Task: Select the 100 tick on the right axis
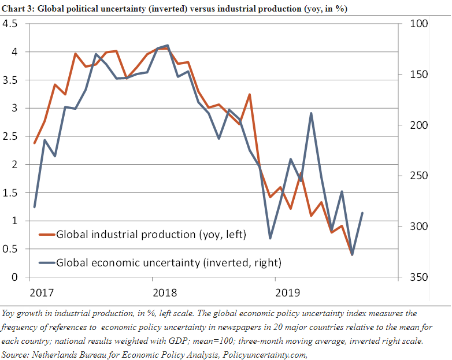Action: (419, 24)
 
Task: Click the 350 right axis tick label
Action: (419, 277)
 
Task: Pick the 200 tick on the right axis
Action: (419, 125)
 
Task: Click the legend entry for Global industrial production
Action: (151, 235)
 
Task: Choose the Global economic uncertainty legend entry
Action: (168, 263)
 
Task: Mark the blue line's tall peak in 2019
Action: (311, 113)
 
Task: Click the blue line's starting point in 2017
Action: (35, 207)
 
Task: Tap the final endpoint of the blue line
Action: (362, 213)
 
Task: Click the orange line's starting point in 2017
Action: (35, 143)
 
